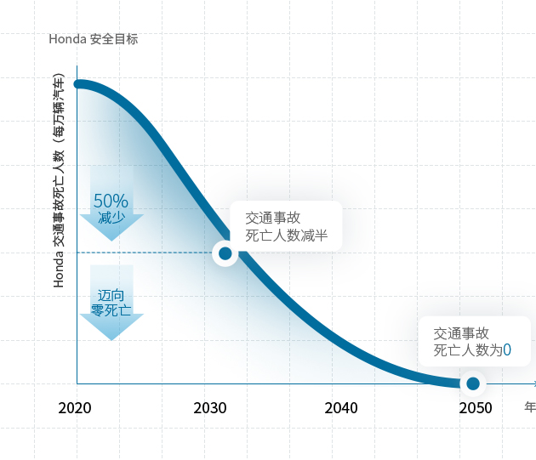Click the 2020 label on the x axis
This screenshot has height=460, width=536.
75,408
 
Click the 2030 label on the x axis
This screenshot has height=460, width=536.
209,408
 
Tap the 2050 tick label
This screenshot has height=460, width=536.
476,408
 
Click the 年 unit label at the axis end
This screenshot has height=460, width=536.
530,407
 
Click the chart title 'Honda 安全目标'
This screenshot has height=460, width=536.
94,39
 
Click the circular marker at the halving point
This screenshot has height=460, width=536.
225,253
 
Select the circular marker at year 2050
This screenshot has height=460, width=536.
473,383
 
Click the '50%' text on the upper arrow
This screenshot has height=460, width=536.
111,202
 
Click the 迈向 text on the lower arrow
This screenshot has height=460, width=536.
111,295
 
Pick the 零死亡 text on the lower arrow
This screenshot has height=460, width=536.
111,310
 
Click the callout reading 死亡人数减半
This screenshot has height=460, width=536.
287,236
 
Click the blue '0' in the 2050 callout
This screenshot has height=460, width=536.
507,349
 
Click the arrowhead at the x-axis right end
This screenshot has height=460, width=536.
533,383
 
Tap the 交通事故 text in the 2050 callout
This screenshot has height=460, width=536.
461,332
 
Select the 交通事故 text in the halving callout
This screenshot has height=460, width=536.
272,218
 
